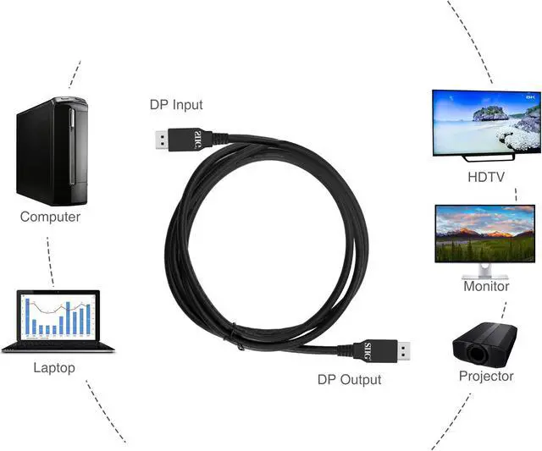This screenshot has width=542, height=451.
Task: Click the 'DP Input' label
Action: pos(176,105)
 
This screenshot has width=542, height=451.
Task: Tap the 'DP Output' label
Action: pos(349,380)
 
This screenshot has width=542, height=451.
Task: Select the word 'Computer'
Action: pos(50,217)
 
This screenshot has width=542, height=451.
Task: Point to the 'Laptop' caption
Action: pos(54,367)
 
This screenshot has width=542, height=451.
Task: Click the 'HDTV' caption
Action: pos(487,177)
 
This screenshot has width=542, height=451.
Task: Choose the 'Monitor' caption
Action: pos(486,286)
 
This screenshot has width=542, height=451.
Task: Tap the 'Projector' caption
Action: pos(486,376)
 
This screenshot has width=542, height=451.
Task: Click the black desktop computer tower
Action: pos(52,151)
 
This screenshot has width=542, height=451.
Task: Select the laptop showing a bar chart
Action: pos(57,321)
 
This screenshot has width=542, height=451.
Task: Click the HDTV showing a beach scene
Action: pos(486,124)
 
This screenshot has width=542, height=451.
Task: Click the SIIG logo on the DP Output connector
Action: pos(368,349)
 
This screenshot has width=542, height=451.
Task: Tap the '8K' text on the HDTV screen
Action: pos(530,97)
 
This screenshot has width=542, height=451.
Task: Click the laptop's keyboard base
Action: pos(53,347)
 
